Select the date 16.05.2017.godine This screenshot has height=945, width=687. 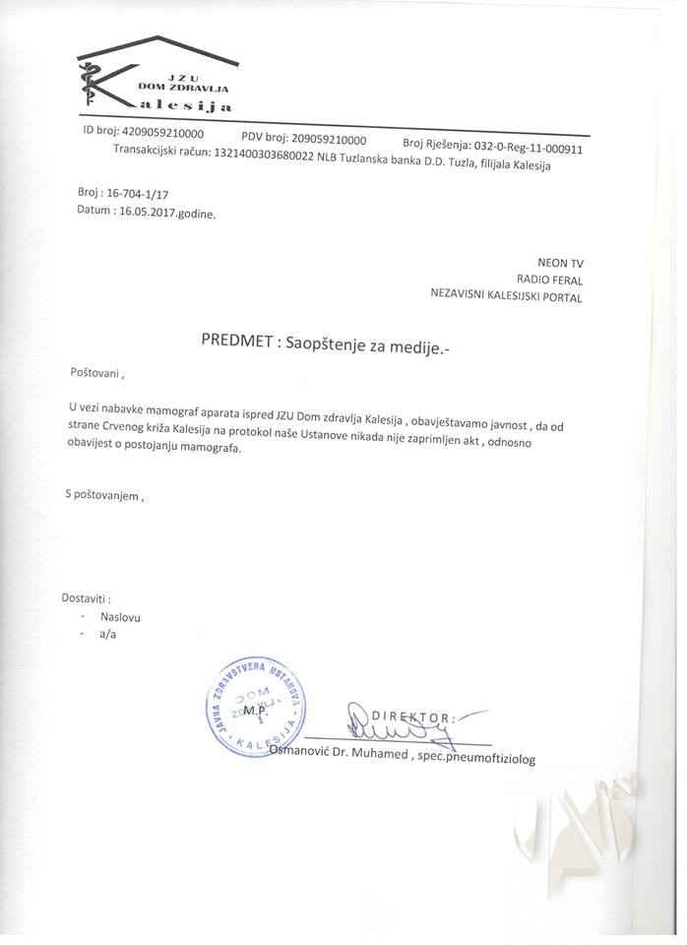point(164,211)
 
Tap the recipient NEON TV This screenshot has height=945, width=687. point(560,262)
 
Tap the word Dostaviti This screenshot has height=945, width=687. point(86,598)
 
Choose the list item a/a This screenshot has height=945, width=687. point(107,634)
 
